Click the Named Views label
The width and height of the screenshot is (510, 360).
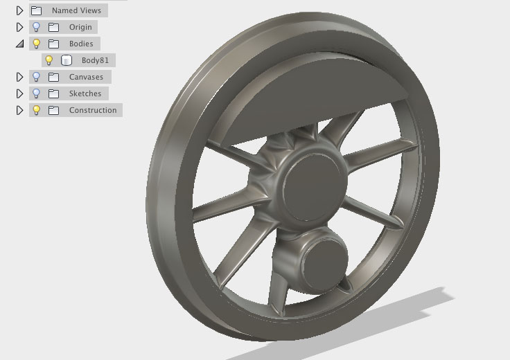(x=76, y=10)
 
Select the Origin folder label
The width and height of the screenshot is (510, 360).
(x=80, y=27)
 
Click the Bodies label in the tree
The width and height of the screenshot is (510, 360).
(x=80, y=44)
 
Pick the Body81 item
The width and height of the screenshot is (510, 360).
(x=95, y=60)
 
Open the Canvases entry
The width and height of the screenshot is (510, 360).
(x=86, y=77)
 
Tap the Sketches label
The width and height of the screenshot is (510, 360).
(x=85, y=93)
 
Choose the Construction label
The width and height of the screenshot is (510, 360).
(x=93, y=110)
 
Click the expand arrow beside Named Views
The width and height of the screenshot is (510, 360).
(x=20, y=10)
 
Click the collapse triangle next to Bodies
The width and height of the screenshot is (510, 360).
(x=20, y=44)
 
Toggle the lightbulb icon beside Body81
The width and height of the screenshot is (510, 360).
(x=49, y=60)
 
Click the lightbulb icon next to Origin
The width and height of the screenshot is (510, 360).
(x=36, y=27)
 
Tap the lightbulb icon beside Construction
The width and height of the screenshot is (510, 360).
(x=36, y=110)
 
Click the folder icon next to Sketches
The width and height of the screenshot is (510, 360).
(x=53, y=93)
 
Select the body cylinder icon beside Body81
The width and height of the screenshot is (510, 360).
(x=67, y=60)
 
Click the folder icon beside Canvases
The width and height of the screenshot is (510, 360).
(x=53, y=77)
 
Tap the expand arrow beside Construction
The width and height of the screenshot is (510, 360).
(x=20, y=110)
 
